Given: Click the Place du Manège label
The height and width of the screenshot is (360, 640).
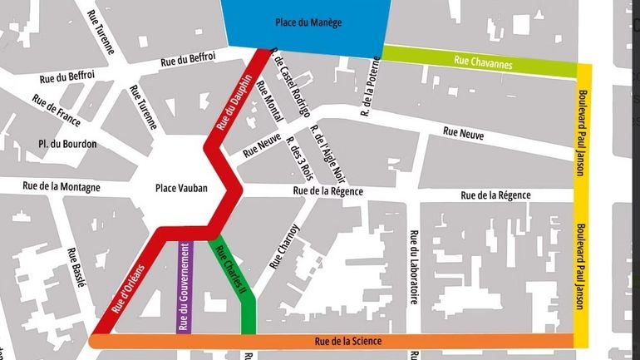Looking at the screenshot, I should (308, 22).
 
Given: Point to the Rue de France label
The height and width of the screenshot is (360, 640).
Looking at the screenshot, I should (57, 110).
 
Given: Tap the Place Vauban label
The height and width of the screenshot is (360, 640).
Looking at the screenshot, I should (181, 189).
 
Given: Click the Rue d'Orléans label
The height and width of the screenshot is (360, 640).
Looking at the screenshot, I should (128, 288).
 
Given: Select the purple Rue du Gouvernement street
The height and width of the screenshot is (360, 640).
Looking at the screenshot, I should (185, 287).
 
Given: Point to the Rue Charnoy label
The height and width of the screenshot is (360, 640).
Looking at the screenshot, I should (283, 245).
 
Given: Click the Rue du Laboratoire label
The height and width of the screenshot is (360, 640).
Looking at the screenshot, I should (413, 266).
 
